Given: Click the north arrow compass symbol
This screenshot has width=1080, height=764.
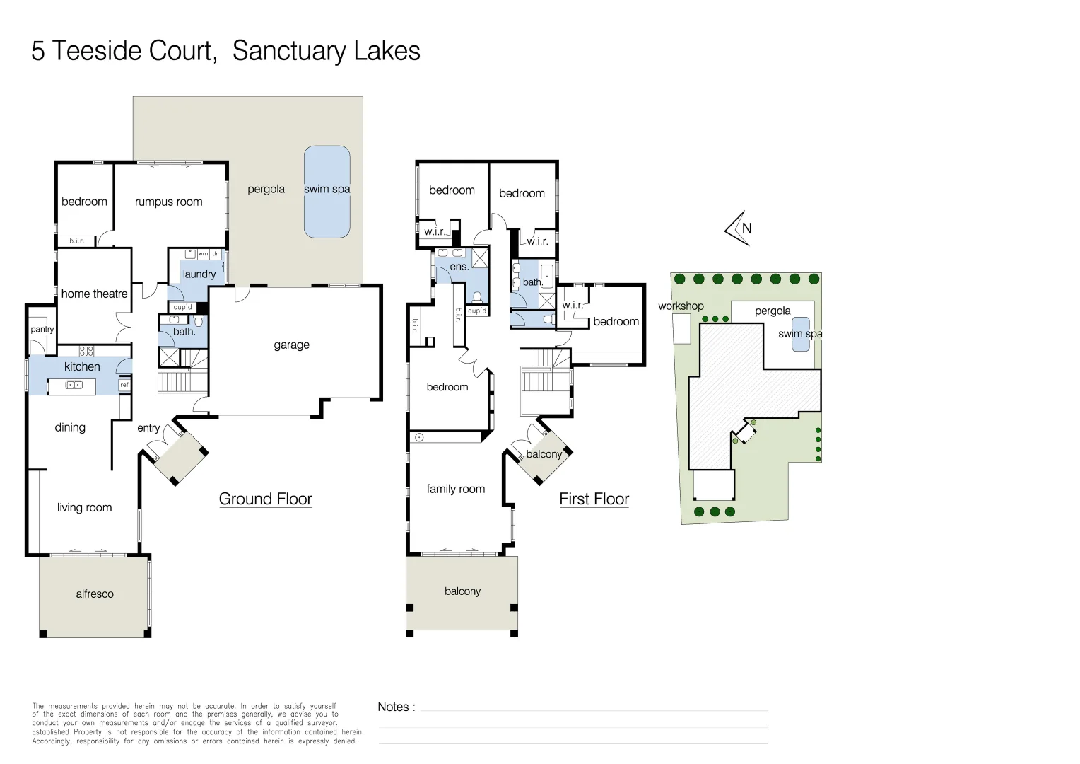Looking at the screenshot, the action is click(x=738, y=228).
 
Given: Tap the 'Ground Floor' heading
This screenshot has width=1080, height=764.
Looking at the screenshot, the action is click(x=265, y=499).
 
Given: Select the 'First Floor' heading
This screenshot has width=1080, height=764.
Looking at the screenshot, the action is click(x=594, y=499).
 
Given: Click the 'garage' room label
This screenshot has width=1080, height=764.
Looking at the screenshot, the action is click(x=291, y=345).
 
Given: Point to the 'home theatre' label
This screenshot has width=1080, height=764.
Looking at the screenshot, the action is click(x=94, y=294).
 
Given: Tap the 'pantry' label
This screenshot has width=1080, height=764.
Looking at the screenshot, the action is click(x=42, y=329).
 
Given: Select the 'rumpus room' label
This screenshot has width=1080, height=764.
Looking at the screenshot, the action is click(x=168, y=202).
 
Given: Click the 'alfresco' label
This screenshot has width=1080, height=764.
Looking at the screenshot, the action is click(x=95, y=594).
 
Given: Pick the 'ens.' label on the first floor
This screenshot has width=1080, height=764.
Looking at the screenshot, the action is click(x=459, y=267).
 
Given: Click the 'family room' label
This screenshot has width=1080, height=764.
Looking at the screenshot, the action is click(x=455, y=489).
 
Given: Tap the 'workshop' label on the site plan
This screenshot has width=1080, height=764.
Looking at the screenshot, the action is click(x=681, y=306).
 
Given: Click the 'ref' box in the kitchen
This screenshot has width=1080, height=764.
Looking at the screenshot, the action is click(x=124, y=385).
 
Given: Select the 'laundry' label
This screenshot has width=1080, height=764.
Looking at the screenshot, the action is click(x=199, y=274).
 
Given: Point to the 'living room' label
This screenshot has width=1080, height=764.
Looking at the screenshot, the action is click(x=84, y=507).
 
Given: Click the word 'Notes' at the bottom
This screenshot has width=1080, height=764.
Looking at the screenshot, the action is click(x=393, y=707).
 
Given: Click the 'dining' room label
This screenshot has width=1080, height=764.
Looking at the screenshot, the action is click(x=70, y=427).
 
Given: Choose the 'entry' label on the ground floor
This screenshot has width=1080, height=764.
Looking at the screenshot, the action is click(x=148, y=428).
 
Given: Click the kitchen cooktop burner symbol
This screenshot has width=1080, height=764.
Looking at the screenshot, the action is click(x=86, y=351).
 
